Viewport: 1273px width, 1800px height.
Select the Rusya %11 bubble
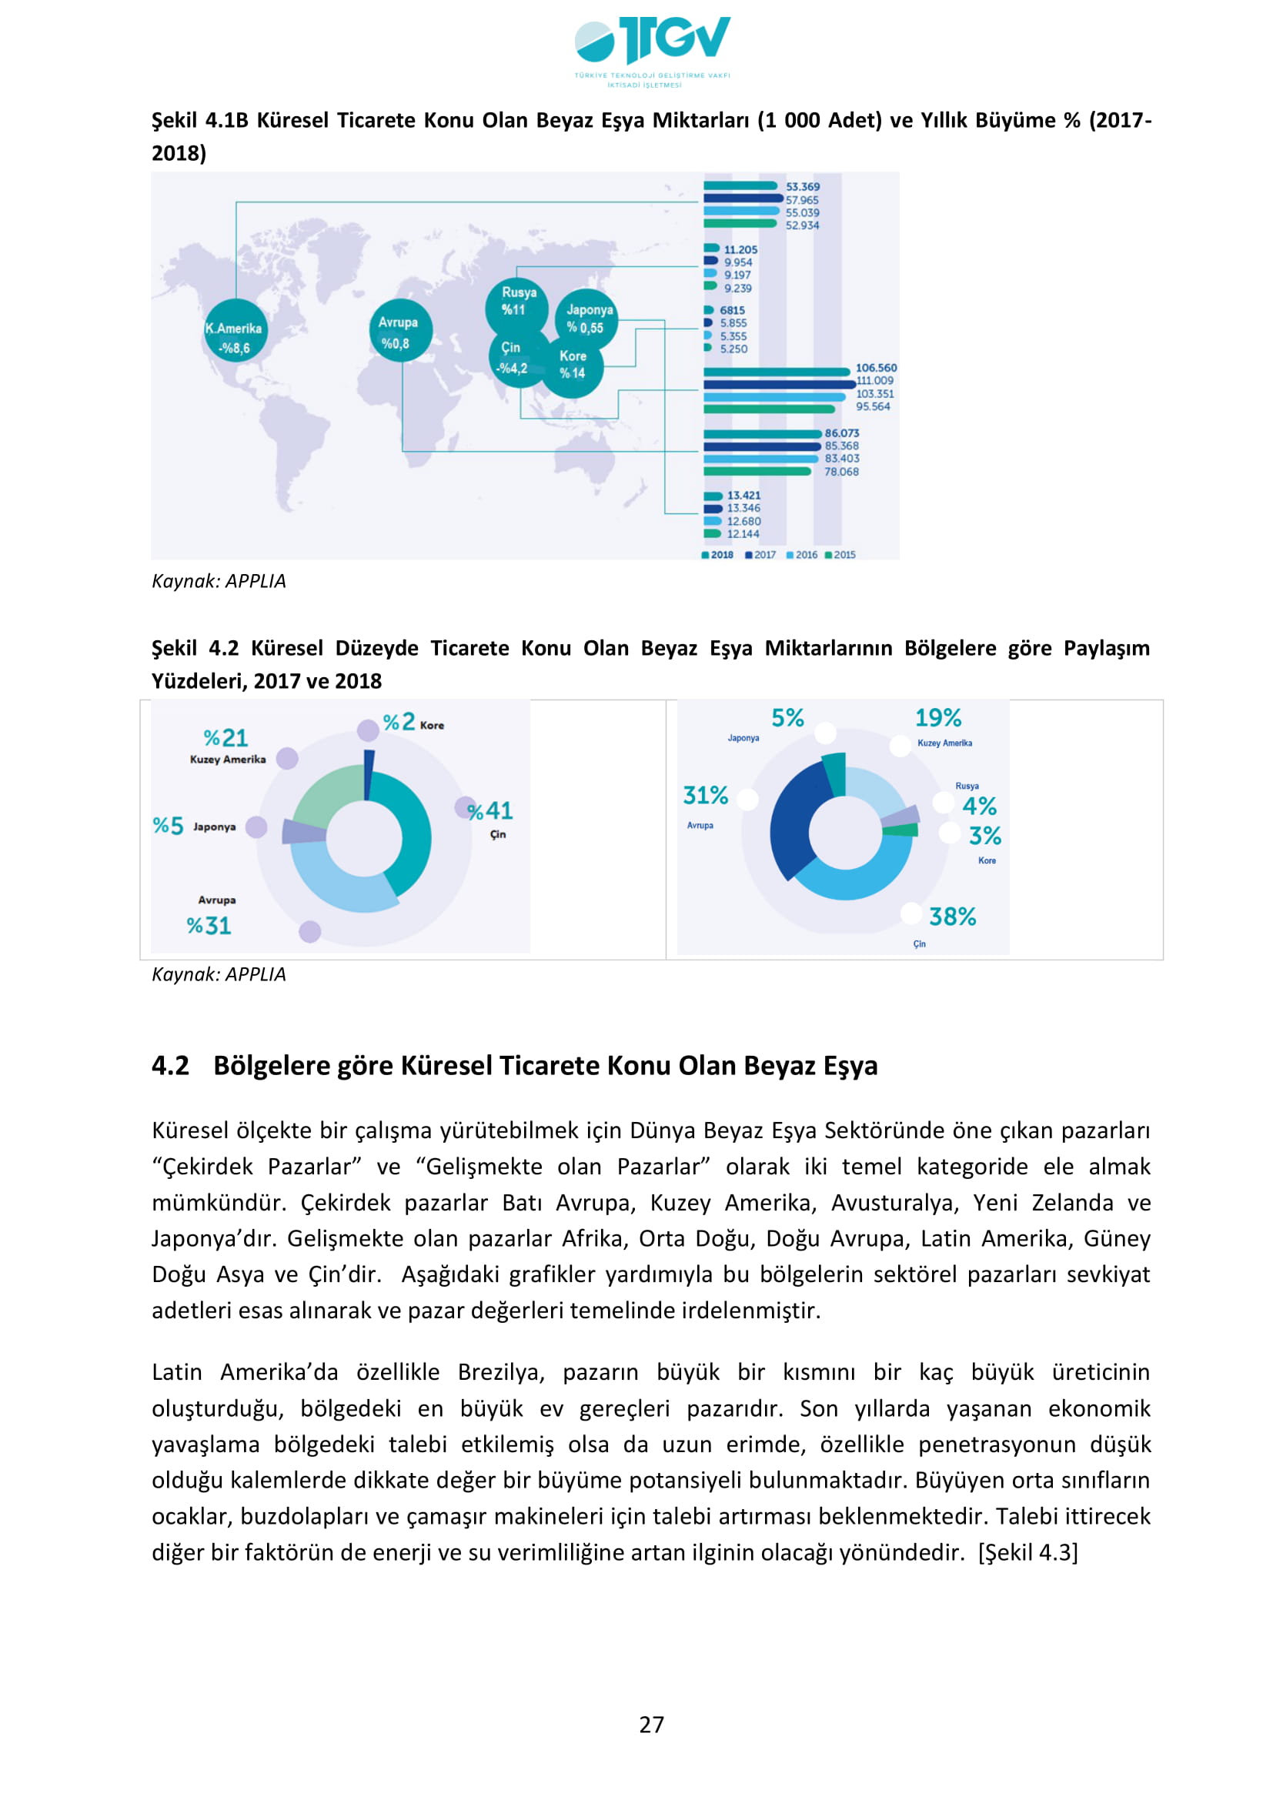[516, 303]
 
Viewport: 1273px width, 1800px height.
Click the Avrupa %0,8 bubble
[399, 332]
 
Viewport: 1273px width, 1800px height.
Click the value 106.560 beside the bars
[876, 368]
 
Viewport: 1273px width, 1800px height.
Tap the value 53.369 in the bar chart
[803, 186]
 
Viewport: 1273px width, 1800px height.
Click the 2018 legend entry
[717, 555]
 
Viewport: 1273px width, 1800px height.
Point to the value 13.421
[743, 496]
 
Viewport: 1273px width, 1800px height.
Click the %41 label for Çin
[490, 810]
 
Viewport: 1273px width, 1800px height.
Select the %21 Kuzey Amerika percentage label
[226, 739]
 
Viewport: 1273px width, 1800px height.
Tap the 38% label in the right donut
[952, 917]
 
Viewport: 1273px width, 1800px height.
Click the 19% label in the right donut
[937, 718]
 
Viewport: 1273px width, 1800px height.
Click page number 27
[651, 1725]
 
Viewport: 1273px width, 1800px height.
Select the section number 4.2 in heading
[170, 1066]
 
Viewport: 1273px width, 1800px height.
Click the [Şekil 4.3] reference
[1027, 1552]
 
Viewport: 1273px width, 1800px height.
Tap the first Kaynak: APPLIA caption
[219, 581]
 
